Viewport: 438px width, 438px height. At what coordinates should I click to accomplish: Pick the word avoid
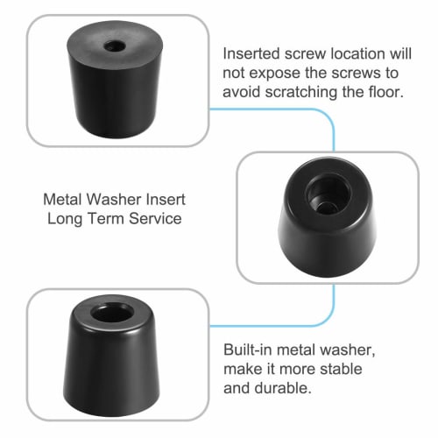(243, 91)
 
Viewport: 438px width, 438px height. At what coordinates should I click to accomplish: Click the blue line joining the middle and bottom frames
(333, 301)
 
